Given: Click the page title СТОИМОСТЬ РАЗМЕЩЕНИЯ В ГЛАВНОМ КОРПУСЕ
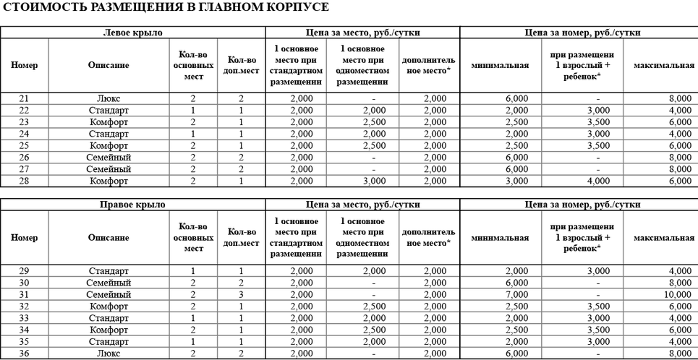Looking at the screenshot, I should pyautogui.click(x=166, y=7).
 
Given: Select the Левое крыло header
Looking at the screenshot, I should pyautogui.click(x=132, y=33).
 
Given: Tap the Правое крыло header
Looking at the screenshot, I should pyautogui.click(x=132, y=205).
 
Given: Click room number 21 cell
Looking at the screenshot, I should pyautogui.click(x=24, y=98).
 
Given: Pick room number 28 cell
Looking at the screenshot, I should pyautogui.click(x=24, y=181).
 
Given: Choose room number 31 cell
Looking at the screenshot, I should pyautogui.click(x=24, y=294).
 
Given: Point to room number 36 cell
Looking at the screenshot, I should pyautogui.click(x=24, y=353).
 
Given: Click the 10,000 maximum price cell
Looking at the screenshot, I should pyautogui.click(x=677, y=294).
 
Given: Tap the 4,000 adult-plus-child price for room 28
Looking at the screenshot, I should pyautogui.click(x=597, y=181).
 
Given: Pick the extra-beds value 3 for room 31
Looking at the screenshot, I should pyautogui.click(x=241, y=294).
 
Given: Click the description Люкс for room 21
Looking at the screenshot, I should pyautogui.click(x=108, y=98).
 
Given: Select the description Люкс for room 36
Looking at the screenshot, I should pyautogui.click(x=108, y=353).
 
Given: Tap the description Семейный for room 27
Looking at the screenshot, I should pyautogui.click(x=108, y=169).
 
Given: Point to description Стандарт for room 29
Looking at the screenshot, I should pyautogui.click(x=108, y=271).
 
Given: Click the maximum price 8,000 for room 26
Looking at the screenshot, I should pyautogui.click(x=680, y=157).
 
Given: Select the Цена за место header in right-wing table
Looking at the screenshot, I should pyautogui.click(x=362, y=205).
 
